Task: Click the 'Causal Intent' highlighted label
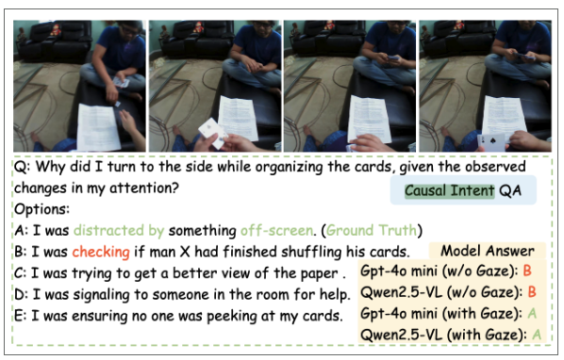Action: click(x=450, y=190)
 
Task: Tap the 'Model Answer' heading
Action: click(x=488, y=251)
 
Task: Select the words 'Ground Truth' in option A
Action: click(x=372, y=230)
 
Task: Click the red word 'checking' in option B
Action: click(x=101, y=252)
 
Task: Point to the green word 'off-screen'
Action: click(x=276, y=230)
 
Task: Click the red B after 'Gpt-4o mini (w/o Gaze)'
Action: click(x=527, y=270)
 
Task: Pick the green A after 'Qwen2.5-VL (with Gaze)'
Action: click(x=537, y=335)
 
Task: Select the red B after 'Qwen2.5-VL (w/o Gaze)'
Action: click(x=532, y=292)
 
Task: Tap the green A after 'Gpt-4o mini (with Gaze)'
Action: click(x=532, y=313)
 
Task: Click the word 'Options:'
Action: click(x=41, y=209)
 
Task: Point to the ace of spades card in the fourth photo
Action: click(x=491, y=142)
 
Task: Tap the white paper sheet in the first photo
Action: click(x=98, y=127)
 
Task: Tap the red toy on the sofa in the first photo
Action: click(x=56, y=30)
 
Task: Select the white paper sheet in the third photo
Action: click(x=367, y=120)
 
